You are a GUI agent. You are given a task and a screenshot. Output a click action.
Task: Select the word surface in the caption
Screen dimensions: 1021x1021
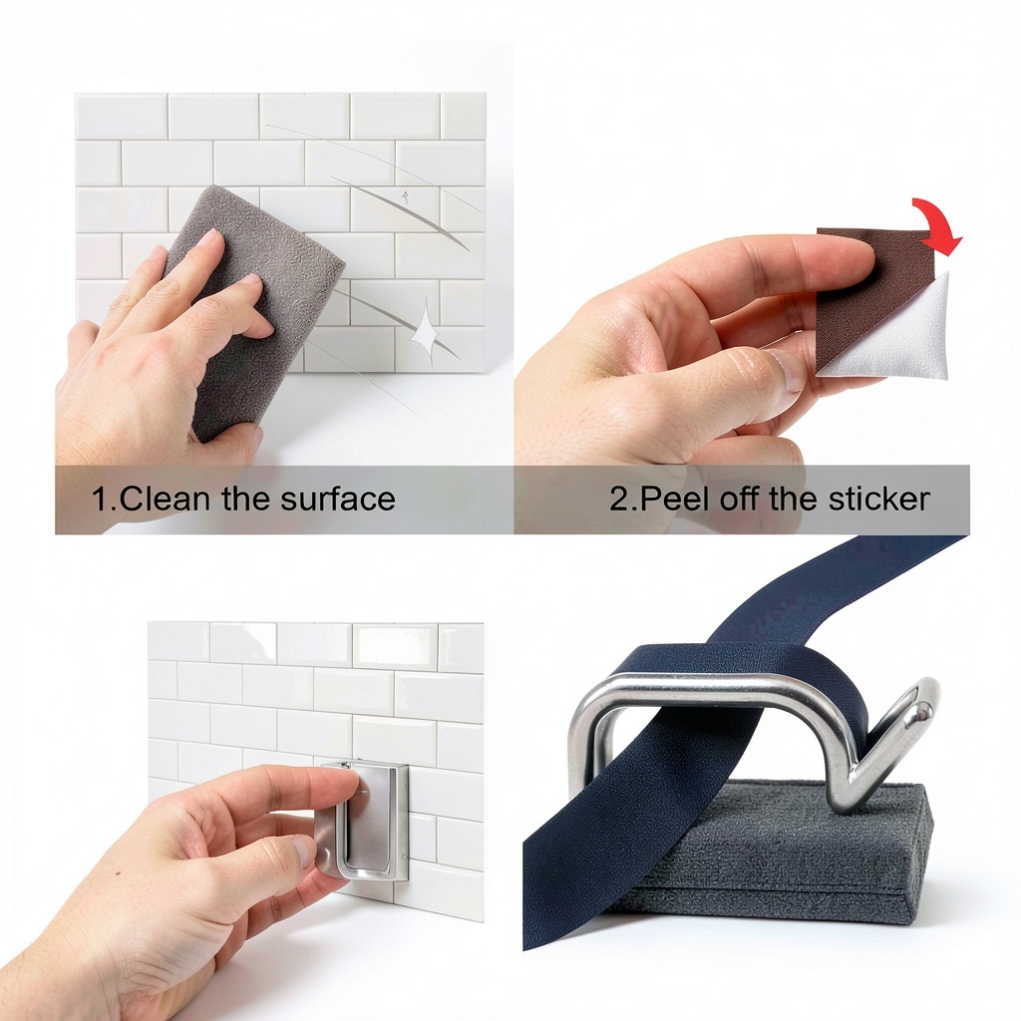pos(338,499)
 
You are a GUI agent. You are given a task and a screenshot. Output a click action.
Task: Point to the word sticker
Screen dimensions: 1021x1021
pos(879,499)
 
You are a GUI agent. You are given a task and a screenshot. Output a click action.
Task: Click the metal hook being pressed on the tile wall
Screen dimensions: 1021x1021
pos(365,821)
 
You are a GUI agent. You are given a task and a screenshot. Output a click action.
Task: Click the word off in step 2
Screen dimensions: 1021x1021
pos(740,499)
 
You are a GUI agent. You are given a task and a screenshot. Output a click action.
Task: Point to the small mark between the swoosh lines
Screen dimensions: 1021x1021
pos(406,196)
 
